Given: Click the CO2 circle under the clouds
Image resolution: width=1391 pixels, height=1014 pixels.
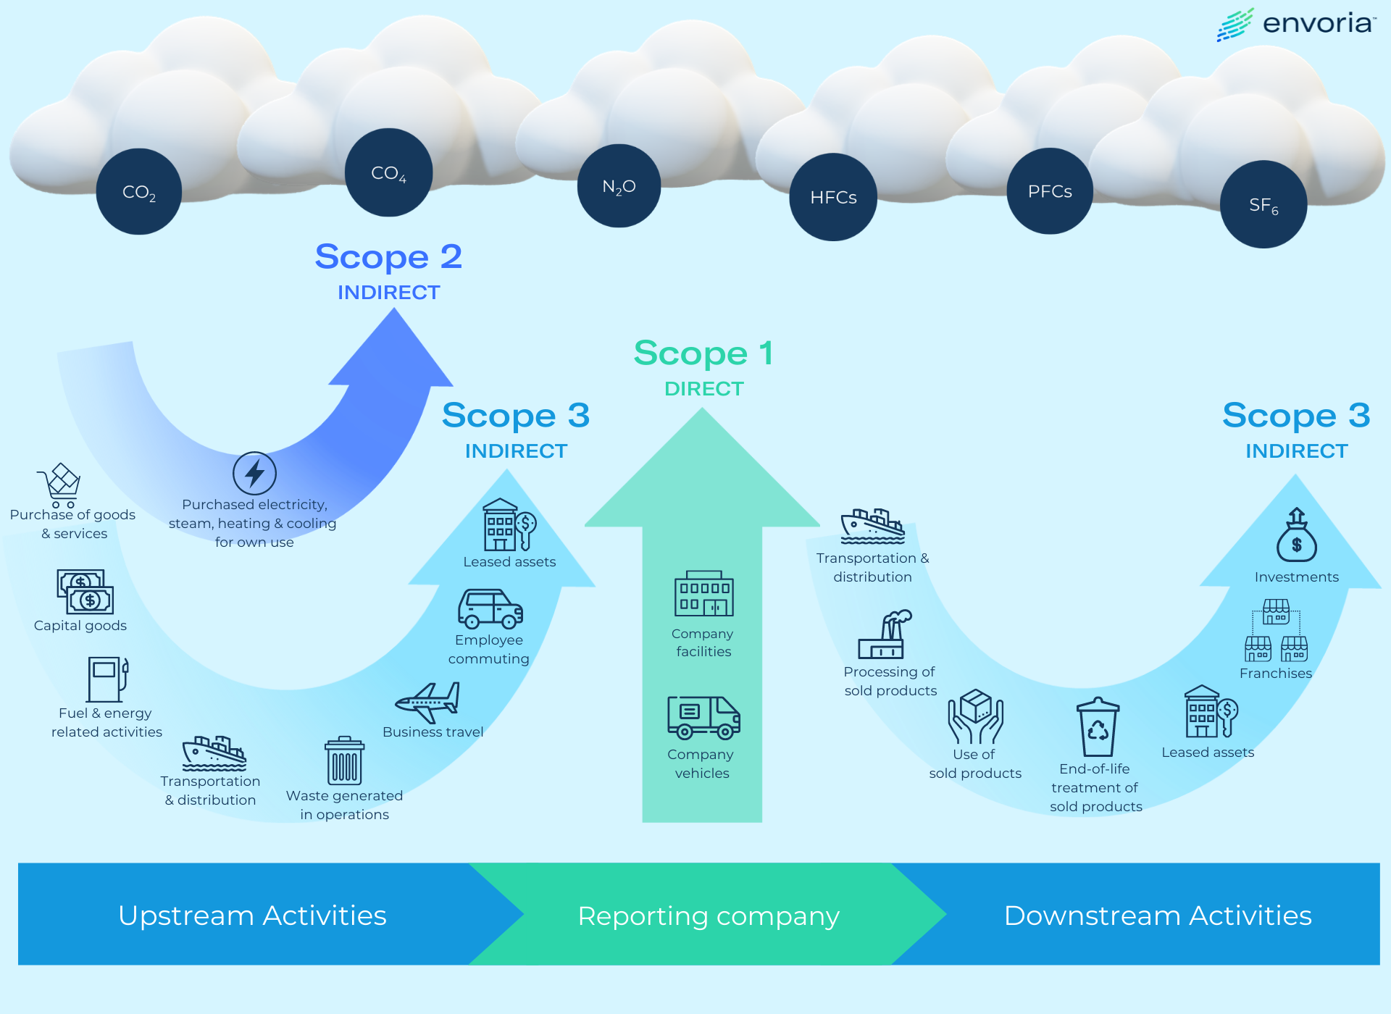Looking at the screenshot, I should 139,192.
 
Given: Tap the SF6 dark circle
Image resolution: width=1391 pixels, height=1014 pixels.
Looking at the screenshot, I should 1263,205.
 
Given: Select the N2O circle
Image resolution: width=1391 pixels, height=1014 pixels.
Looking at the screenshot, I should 619,186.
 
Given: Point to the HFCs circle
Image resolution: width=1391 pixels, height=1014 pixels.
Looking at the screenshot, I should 833,197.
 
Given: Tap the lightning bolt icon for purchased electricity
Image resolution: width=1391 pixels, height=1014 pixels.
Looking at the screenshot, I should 254,474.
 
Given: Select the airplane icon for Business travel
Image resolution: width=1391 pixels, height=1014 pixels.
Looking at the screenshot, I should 428,702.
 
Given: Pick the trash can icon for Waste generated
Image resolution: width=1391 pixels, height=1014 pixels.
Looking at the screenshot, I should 344,761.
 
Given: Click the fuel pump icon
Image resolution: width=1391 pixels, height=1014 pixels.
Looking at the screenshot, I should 107,679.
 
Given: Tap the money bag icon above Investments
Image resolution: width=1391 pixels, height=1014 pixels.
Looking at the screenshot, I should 1296,536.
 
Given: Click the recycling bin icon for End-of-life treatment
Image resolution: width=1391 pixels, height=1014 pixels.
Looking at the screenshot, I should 1098,727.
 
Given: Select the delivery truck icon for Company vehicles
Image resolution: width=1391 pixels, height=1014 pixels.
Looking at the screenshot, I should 703,717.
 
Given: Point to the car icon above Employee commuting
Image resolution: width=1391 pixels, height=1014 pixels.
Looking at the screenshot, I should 490,608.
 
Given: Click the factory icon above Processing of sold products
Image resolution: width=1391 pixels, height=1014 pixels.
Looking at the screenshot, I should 885,634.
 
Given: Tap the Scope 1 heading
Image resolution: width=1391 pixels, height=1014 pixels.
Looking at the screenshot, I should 703,353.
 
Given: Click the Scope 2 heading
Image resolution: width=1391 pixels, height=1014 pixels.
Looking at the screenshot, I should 388,257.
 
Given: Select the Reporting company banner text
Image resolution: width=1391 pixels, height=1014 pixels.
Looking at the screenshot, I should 708,916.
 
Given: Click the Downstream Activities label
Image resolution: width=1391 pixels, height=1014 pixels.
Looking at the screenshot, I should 1157,915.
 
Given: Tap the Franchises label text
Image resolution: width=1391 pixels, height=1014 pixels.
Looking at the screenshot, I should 1275,673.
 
